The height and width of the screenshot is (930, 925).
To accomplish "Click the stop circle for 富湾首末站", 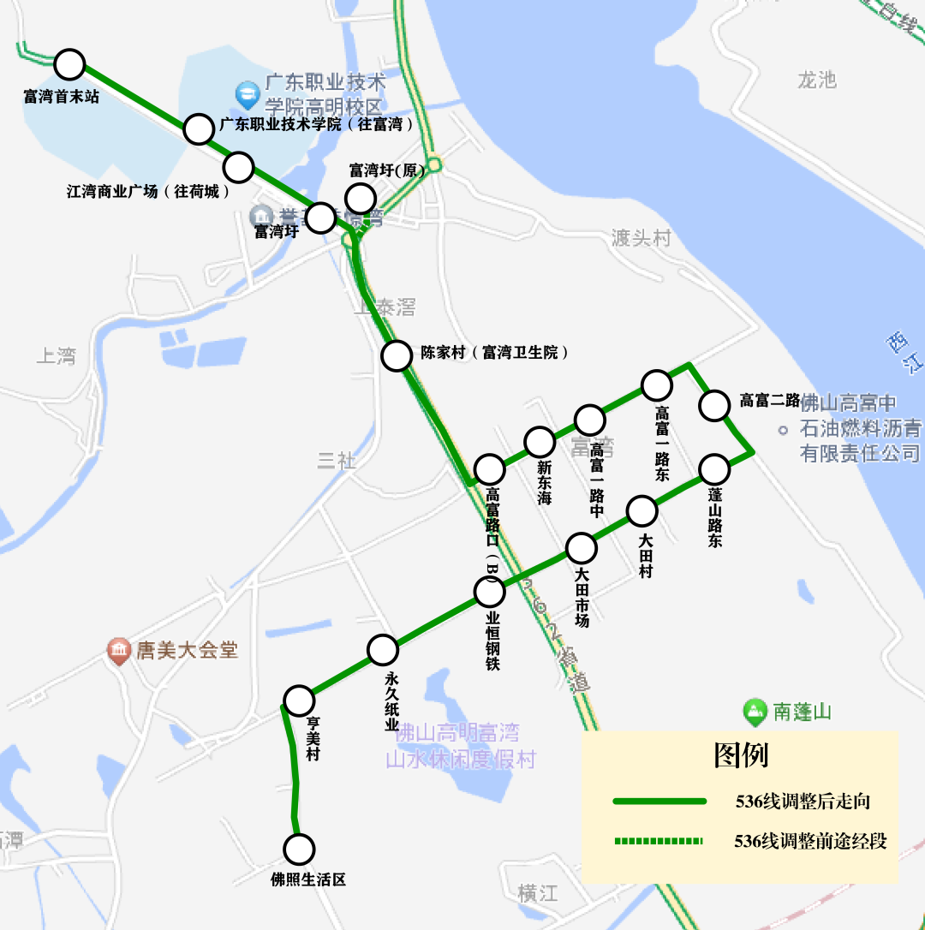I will coord(69,64).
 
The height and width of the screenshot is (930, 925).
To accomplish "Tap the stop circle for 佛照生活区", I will coord(300,850).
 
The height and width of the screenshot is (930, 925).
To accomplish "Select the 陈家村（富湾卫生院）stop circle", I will coord(397,355).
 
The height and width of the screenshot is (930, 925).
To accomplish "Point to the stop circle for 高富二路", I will coord(715,405).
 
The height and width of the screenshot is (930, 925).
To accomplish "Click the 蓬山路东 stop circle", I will coord(714,469).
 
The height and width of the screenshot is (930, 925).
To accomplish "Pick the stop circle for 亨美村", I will coord(299,700).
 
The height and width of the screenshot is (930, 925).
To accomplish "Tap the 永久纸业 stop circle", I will coord(383,651).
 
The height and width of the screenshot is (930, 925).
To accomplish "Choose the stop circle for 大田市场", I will coord(581,548).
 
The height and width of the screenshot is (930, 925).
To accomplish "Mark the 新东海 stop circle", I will coord(540,442).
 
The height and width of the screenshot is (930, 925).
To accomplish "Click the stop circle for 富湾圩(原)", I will coord(361,197).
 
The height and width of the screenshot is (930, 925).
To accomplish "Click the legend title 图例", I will coord(741,755).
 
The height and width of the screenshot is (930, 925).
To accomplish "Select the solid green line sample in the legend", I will coord(659,802).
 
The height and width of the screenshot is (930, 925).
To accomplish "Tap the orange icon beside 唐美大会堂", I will coord(118,651).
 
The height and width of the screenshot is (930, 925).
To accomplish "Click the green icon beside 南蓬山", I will coord(755,711).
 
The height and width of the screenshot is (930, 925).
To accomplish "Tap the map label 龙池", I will coord(816,80).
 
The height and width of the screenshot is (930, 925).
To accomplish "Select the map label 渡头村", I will coord(642,238).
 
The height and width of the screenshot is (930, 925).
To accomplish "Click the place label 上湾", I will coord(57,355).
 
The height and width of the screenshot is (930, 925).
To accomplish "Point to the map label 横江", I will coord(538,894).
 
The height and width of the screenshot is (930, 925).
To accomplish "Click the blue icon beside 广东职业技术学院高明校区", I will coord(248,91).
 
